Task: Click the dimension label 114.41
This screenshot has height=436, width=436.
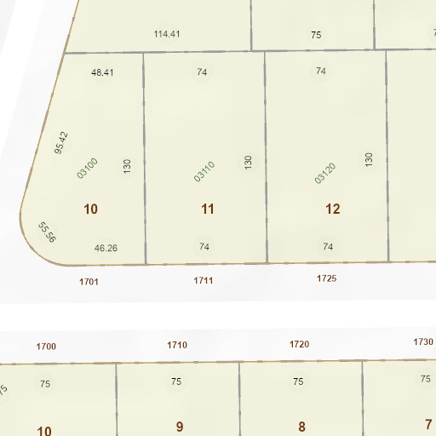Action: click(x=167, y=34)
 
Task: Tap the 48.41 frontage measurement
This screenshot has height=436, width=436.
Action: click(x=102, y=72)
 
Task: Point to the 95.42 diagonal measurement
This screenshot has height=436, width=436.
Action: click(x=60, y=142)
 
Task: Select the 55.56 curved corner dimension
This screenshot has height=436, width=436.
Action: click(x=47, y=232)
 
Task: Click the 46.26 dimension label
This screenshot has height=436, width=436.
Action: click(x=106, y=248)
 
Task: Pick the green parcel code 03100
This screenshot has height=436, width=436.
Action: click(x=88, y=167)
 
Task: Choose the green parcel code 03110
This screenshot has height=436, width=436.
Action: click(x=204, y=171)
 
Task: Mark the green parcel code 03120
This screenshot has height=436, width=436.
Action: click(x=325, y=173)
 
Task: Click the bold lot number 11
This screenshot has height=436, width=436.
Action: click(x=208, y=209)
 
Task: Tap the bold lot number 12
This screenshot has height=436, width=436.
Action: click(x=333, y=209)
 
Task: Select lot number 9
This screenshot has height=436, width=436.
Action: click(x=180, y=426)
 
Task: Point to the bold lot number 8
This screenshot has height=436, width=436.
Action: click(x=301, y=426)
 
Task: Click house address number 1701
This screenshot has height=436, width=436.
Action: click(x=89, y=280)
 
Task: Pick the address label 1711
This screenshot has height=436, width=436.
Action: click(x=204, y=279)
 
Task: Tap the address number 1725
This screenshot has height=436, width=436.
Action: click(x=327, y=278)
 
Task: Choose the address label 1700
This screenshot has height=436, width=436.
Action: click(x=46, y=346)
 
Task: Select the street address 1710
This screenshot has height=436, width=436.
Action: click(x=177, y=345)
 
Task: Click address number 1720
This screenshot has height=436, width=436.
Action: click(x=299, y=344)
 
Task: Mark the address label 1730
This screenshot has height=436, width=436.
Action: click(x=423, y=341)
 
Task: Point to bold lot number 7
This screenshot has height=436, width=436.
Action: click(x=428, y=423)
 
